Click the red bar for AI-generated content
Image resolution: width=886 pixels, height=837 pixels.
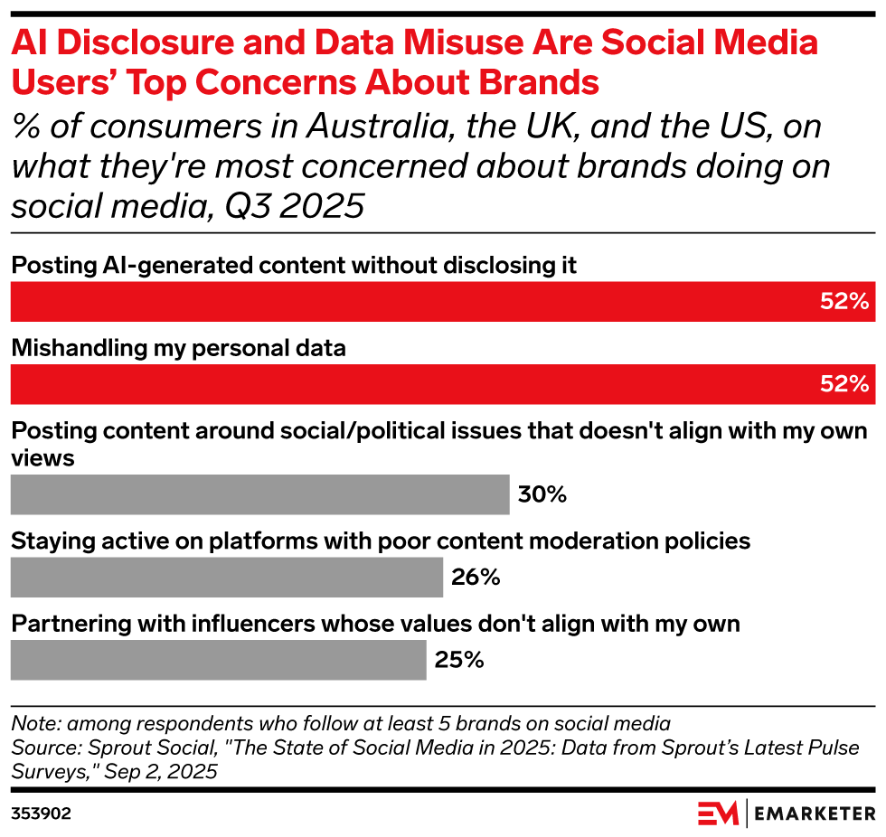pyautogui.click(x=441, y=301)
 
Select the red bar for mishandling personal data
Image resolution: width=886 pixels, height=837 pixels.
pyautogui.click(x=441, y=383)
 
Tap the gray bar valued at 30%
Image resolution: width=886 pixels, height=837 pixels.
pyautogui.click(x=259, y=494)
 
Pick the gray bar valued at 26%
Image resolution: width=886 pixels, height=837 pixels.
pyautogui.click(x=226, y=577)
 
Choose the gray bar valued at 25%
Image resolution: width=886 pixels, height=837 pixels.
pyautogui.click(x=218, y=660)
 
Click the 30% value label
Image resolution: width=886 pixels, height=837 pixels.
pyautogui.click(x=542, y=494)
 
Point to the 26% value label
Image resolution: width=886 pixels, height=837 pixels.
pyautogui.click(x=476, y=577)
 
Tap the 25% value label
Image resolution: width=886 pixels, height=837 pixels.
pyautogui.click(x=459, y=660)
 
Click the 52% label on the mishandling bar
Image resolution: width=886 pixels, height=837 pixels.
pyautogui.click(x=844, y=383)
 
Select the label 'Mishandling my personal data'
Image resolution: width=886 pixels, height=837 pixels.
pyautogui.click(x=178, y=348)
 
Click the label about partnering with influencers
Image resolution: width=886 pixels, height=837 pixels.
pyautogui.click(x=375, y=624)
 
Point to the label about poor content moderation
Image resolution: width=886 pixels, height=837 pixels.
pyautogui.click(x=381, y=541)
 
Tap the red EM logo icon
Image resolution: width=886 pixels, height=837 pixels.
pyautogui.click(x=717, y=813)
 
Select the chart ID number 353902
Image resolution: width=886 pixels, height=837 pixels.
pyautogui.click(x=41, y=813)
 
